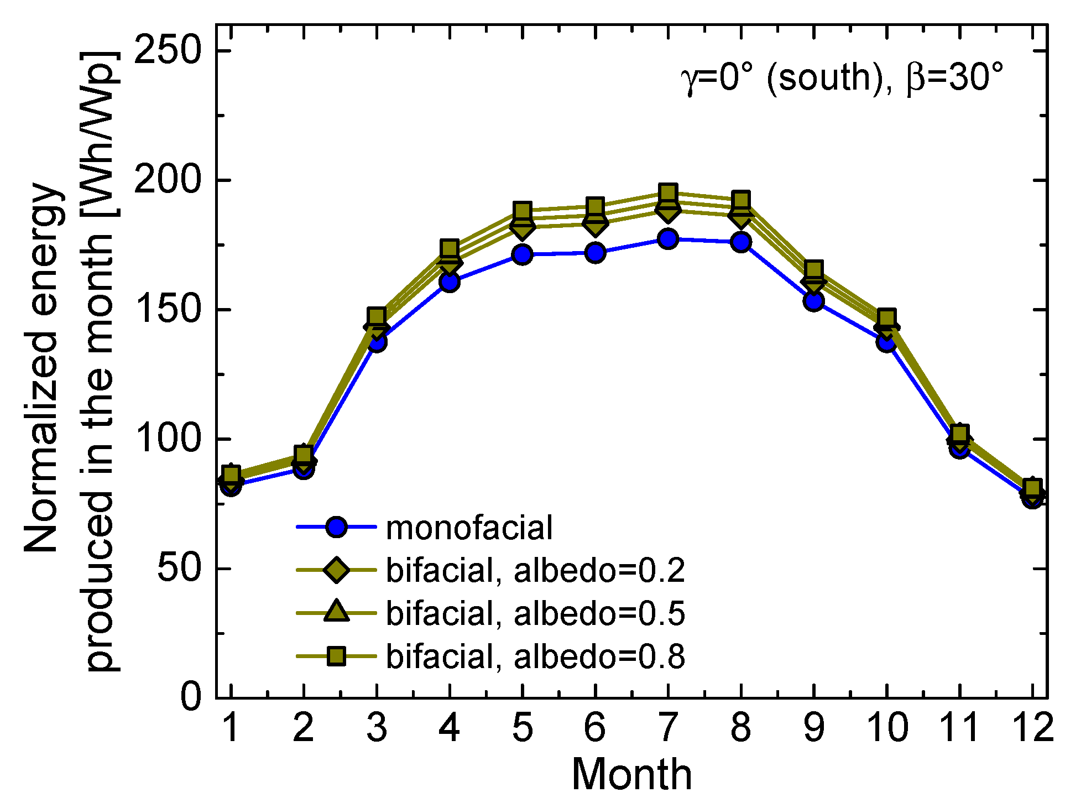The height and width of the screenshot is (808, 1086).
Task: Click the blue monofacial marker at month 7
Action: [667, 239]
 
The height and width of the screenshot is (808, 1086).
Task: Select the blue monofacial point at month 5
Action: [522, 254]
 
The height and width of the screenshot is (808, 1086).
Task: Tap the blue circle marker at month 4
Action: [449, 282]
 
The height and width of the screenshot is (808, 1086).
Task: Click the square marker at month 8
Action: [740, 200]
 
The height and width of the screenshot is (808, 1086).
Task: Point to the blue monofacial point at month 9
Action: [813, 301]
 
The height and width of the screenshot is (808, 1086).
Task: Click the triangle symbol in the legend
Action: [336, 612]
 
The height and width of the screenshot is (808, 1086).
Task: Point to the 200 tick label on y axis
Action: [166, 180]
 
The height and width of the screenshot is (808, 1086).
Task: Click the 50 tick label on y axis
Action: [179, 569]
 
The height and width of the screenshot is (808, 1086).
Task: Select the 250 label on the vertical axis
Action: [166, 50]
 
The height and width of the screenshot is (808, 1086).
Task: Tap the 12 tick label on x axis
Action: [1032, 727]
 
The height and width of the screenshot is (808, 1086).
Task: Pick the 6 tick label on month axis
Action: [594, 727]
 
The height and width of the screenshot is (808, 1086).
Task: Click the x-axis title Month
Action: [631, 774]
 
